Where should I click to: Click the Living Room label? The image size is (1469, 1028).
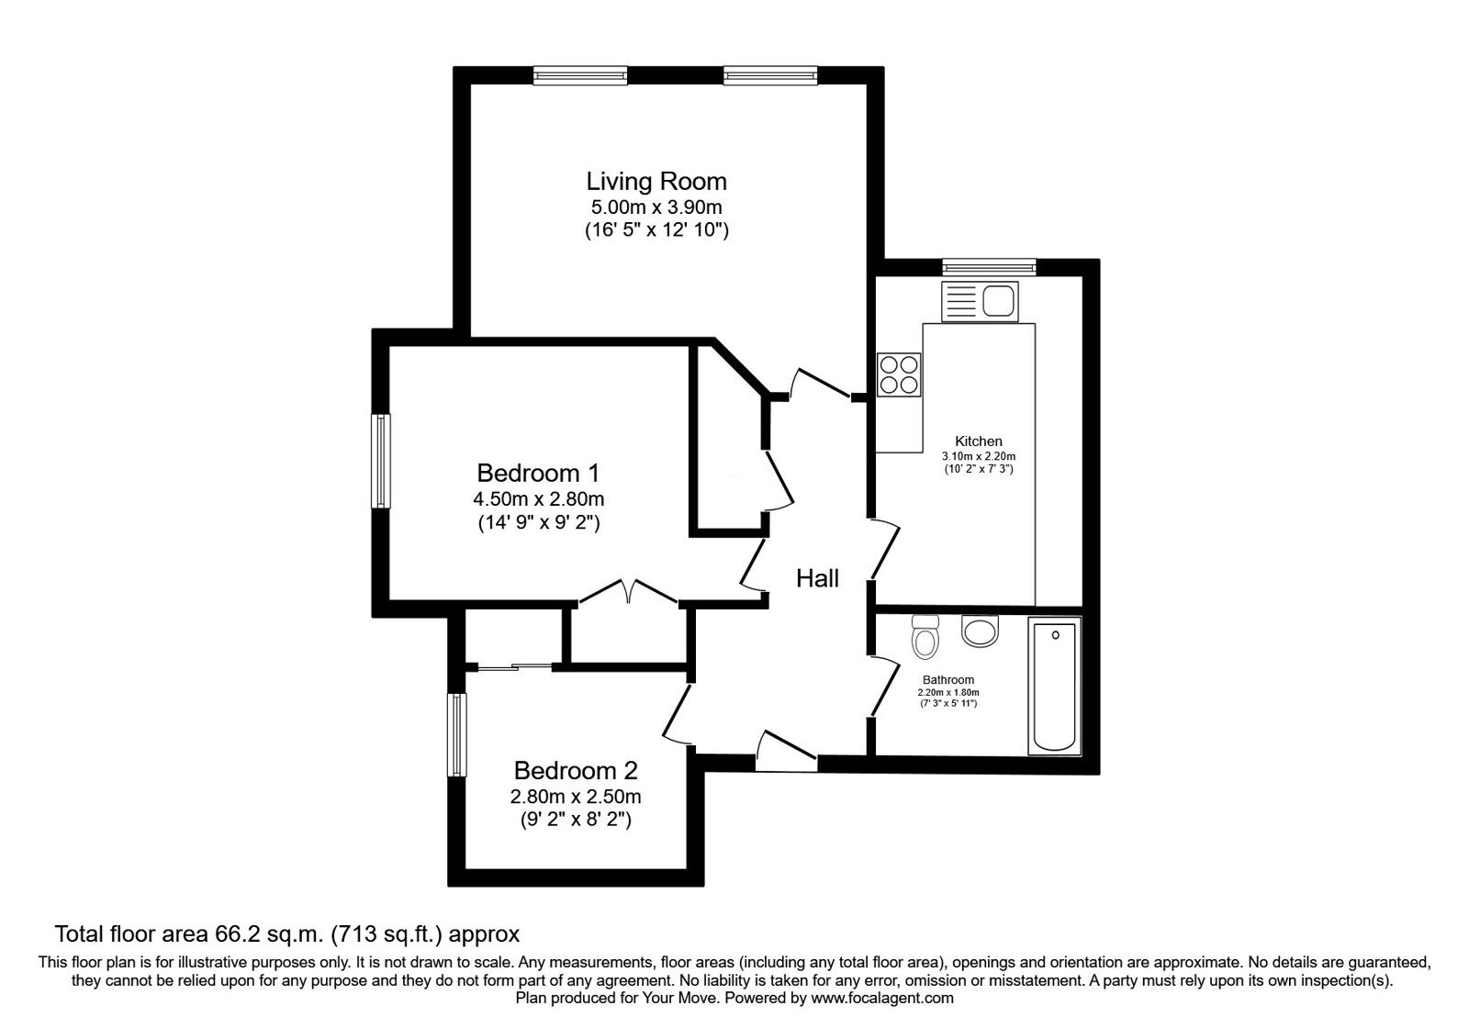(x=656, y=181)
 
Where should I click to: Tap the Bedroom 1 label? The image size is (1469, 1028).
(x=538, y=473)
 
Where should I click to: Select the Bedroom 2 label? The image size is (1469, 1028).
(x=576, y=770)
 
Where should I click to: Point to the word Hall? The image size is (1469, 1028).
(x=817, y=578)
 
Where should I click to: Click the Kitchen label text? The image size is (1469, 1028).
(x=979, y=441)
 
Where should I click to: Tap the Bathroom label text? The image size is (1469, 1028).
(x=948, y=680)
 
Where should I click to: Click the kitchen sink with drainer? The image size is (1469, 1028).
(x=980, y=302)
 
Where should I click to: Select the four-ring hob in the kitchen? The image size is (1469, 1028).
(x=899, y=375)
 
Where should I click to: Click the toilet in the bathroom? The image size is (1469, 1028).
(x=925, y=636)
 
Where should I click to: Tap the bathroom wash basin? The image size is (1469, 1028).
(x=980, y=630)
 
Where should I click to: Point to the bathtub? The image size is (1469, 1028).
(x=1055, y=686)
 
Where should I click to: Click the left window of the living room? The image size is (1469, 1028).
(x=579, y=75)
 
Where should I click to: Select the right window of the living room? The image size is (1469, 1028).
(x=770, y=75)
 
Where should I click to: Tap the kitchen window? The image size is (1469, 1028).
(x=990, y=267)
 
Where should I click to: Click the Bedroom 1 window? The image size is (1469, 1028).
(x=381, y=461)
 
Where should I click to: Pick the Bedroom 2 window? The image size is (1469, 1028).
(x=458, y=735)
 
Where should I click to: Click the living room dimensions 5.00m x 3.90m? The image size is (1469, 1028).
(x=656, y=207)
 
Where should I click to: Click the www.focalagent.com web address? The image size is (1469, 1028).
(x=882, y=999)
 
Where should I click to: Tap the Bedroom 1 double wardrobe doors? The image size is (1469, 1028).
(x=628, y=591)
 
